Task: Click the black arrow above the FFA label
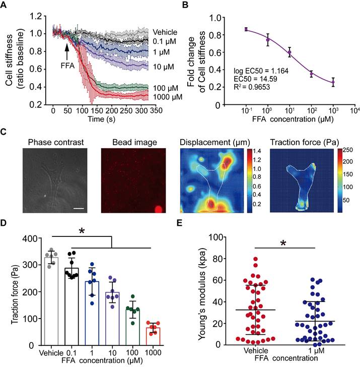click(x=66, y=51)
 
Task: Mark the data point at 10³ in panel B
click(x=333, y=82)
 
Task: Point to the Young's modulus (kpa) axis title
click(x=202, y=291)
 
